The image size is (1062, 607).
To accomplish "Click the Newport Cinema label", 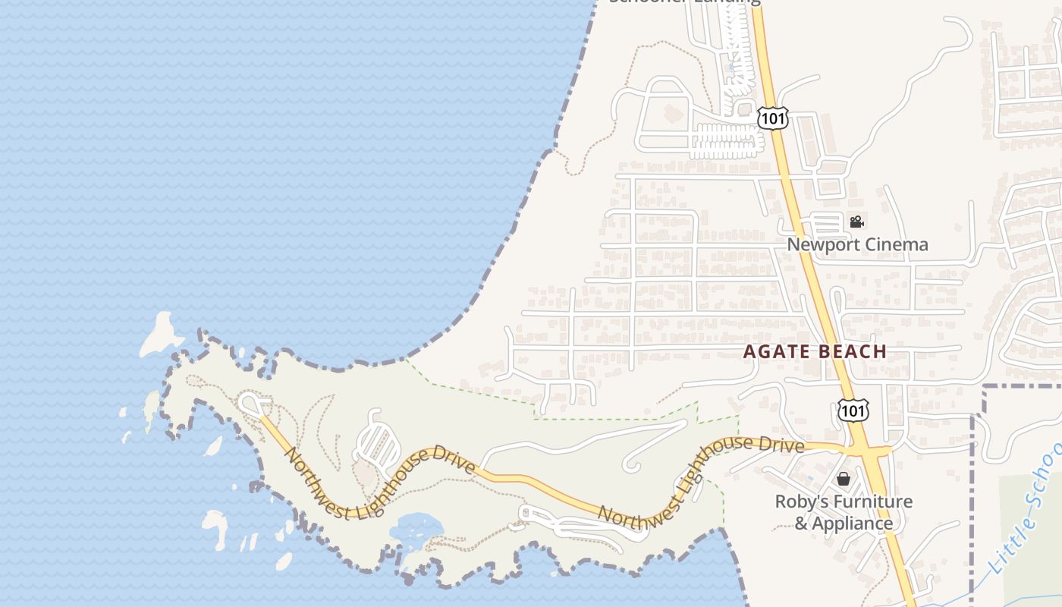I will tap(857, 244).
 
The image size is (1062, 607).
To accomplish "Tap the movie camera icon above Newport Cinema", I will tap(856, 222).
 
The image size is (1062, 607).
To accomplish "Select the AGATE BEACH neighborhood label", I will tap(815, 351).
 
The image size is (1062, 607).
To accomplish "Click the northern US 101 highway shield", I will tap(773, 118).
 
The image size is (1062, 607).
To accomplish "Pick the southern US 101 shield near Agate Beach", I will tap(853, 410).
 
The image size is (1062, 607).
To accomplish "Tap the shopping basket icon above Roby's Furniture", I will tap(843, 479).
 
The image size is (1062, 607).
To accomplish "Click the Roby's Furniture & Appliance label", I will tap(843, 512).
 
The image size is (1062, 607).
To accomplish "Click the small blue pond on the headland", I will tap(416, 528).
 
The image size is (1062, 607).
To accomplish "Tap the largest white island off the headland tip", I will tap(160, 334).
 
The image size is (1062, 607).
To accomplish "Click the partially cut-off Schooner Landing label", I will tap(684, 2).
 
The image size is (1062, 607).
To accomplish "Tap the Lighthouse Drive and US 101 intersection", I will tap(866, 451).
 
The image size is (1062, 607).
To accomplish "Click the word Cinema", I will tap(892, 244).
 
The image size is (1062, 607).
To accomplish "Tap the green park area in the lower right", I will tap(1032, 546).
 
